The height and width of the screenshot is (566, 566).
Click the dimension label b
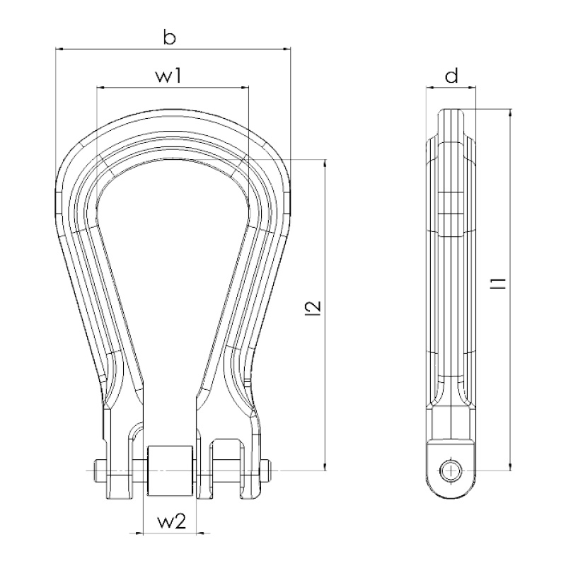(x=169, y=37)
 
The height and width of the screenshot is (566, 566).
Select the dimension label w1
(x=168, y=76)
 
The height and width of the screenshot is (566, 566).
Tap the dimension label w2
(x=172, y=521)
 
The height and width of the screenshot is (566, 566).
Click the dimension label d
(x=451, y=76)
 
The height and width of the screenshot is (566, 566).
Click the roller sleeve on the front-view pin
(x=169, y=470)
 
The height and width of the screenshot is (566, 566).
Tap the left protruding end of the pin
(x=100, y=471)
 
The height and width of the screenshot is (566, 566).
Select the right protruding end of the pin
(x=266, y=471)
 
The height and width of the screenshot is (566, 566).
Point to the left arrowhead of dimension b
(x=59, y=48)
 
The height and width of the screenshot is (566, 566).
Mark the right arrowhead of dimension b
(x=287, y=48)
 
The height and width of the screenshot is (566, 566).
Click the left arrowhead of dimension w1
(x=101, y=87)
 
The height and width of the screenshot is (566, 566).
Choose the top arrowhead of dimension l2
(x=325, y=163)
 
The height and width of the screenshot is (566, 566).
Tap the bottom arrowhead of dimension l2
(x=325, y=466)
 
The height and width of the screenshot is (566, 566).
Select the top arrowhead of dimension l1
(x=510, y=113)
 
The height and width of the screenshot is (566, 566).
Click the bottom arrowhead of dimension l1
(x=510, y=466)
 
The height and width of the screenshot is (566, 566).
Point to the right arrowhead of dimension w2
(x=201, y=533)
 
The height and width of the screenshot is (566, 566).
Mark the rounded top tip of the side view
(x=451, y=110)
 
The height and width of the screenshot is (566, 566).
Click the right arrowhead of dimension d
(x=471, y=87)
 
